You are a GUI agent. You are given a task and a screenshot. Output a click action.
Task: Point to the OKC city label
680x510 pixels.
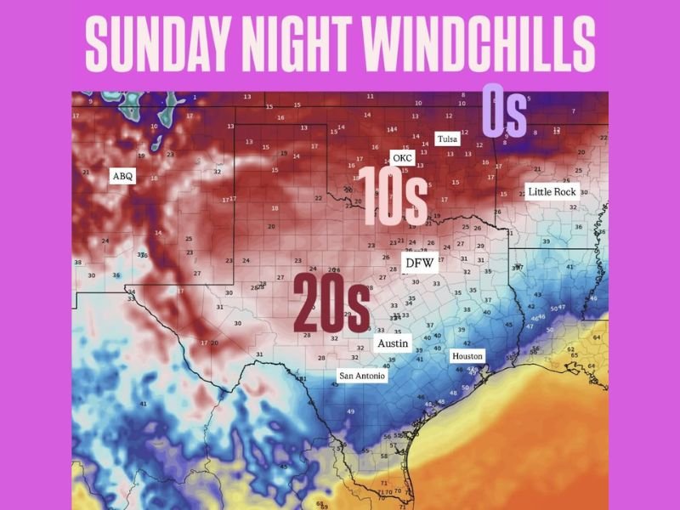pyautogui.click(x=402, y=158)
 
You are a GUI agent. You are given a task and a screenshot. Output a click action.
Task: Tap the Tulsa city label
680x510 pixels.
pyautogui.click(x=447, y=139)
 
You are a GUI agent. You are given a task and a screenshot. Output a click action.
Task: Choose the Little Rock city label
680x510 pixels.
pyautogui.click(x=552, y=192)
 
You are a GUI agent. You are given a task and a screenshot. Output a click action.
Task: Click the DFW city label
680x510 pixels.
pyautogui.click(x=419, y=263)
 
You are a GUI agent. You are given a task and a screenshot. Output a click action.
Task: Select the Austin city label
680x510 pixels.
pyautogui.click(x=393, y=343)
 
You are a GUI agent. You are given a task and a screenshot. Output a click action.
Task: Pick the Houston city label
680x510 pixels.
pyautogui.click(x=467, y=356)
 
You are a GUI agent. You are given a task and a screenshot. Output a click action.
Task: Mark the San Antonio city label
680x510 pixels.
pyautogui.click(x=362, y=375)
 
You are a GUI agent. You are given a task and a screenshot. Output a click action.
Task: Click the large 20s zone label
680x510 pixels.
pyautogui.click(x=331, y=303)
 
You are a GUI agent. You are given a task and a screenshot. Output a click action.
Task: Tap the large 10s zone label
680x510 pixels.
pyautogui.click(x=391, y=195)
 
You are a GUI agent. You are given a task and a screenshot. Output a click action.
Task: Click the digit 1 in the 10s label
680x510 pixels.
pyautogui.click(x=363, y=195)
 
